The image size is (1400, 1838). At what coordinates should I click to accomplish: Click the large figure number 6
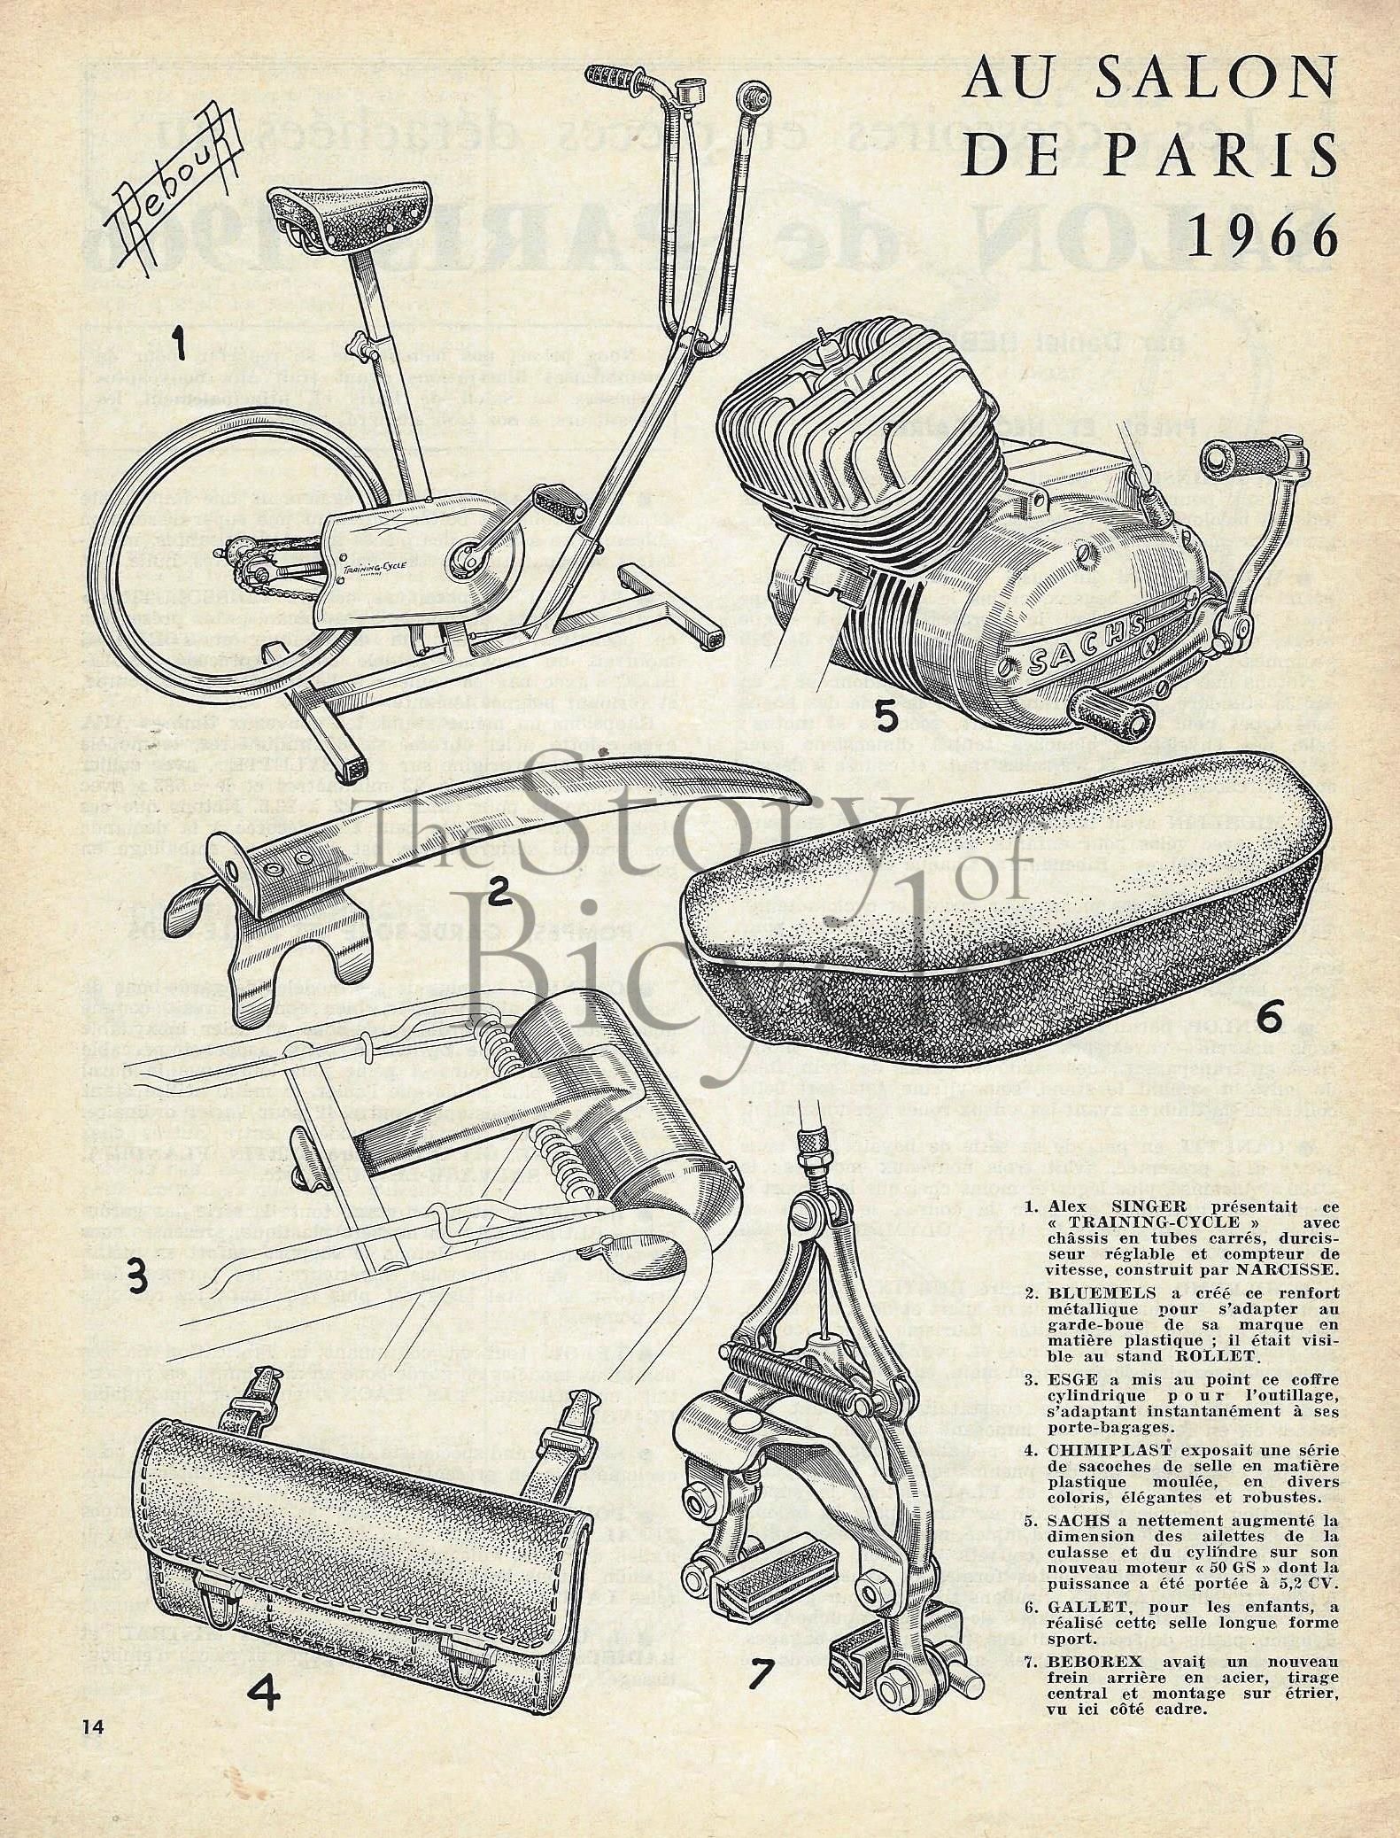[1272, 1020]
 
